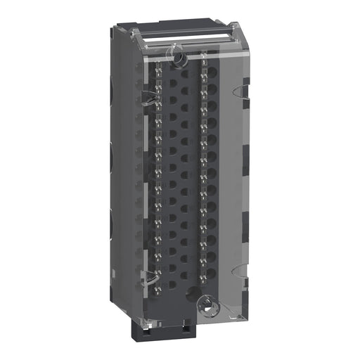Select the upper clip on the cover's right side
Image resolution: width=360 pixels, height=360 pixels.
(x=241, y=89)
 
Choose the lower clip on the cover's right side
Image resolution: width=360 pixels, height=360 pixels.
(x=241, y=270)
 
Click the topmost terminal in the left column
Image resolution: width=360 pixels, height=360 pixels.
(x=158, y=70)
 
